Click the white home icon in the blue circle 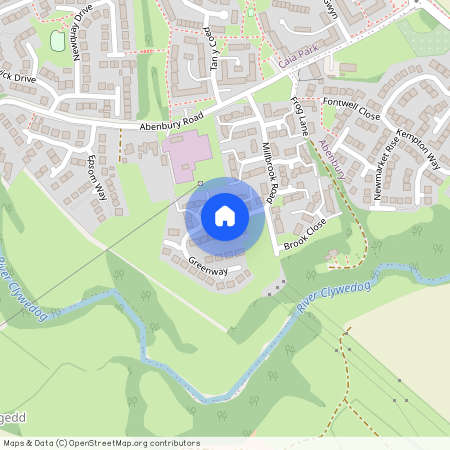point(224,216)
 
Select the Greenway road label point(209,265)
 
